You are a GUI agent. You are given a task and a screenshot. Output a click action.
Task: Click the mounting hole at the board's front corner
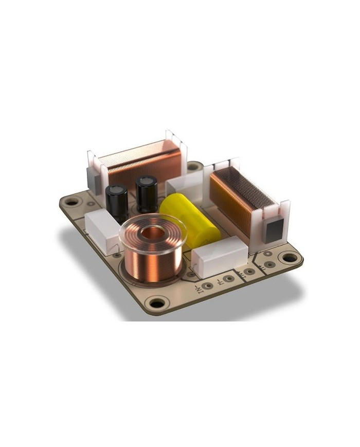[x=153, y=301]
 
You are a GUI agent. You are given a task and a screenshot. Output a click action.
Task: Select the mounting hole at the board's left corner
[x=70, y=202]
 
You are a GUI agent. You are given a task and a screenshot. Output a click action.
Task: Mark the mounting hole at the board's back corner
[x=193, y=167]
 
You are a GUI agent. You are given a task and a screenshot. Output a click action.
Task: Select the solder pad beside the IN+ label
[x=227, y=279]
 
